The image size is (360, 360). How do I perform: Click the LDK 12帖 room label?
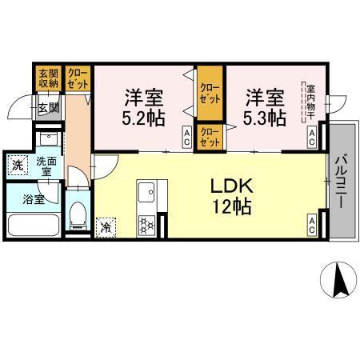[x=231, y=196]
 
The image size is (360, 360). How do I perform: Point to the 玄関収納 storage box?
[x=48, y=78]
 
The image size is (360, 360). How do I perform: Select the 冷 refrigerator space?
[x=105, y=227]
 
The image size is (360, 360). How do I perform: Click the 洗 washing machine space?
[x=17, y=165]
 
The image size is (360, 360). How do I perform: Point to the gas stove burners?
[x=148, y=226]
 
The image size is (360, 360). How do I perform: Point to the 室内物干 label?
[x=307, y=102]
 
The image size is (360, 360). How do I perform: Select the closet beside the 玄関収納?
[x=78, y=78]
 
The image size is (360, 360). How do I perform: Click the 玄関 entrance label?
[x=47, y=106]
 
